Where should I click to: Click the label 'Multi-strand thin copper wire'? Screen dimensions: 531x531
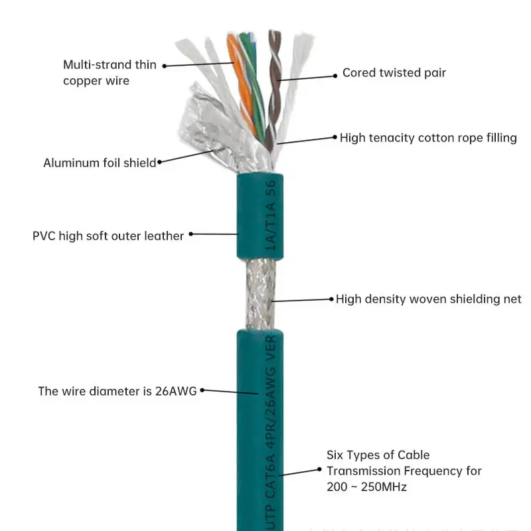pos(110,72)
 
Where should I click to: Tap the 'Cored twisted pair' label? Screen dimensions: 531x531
pos(394,73)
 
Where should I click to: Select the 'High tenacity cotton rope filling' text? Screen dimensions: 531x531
pos(428,138)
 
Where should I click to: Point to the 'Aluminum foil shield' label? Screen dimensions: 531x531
pos(100,163)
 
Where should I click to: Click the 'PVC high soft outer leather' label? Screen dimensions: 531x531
pos(108,236)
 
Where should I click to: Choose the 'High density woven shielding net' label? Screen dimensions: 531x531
pos(428,299)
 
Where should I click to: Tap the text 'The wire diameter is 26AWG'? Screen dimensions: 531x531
pos(117,391)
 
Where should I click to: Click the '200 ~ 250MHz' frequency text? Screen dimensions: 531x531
pos(366,487)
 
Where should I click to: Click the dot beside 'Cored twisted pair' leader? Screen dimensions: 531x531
pos(336,74)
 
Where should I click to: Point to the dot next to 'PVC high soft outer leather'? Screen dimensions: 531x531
pos(191,234)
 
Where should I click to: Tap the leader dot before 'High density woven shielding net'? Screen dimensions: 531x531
pos(331,299)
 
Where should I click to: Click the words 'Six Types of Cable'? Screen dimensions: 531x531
pos(378,455)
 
